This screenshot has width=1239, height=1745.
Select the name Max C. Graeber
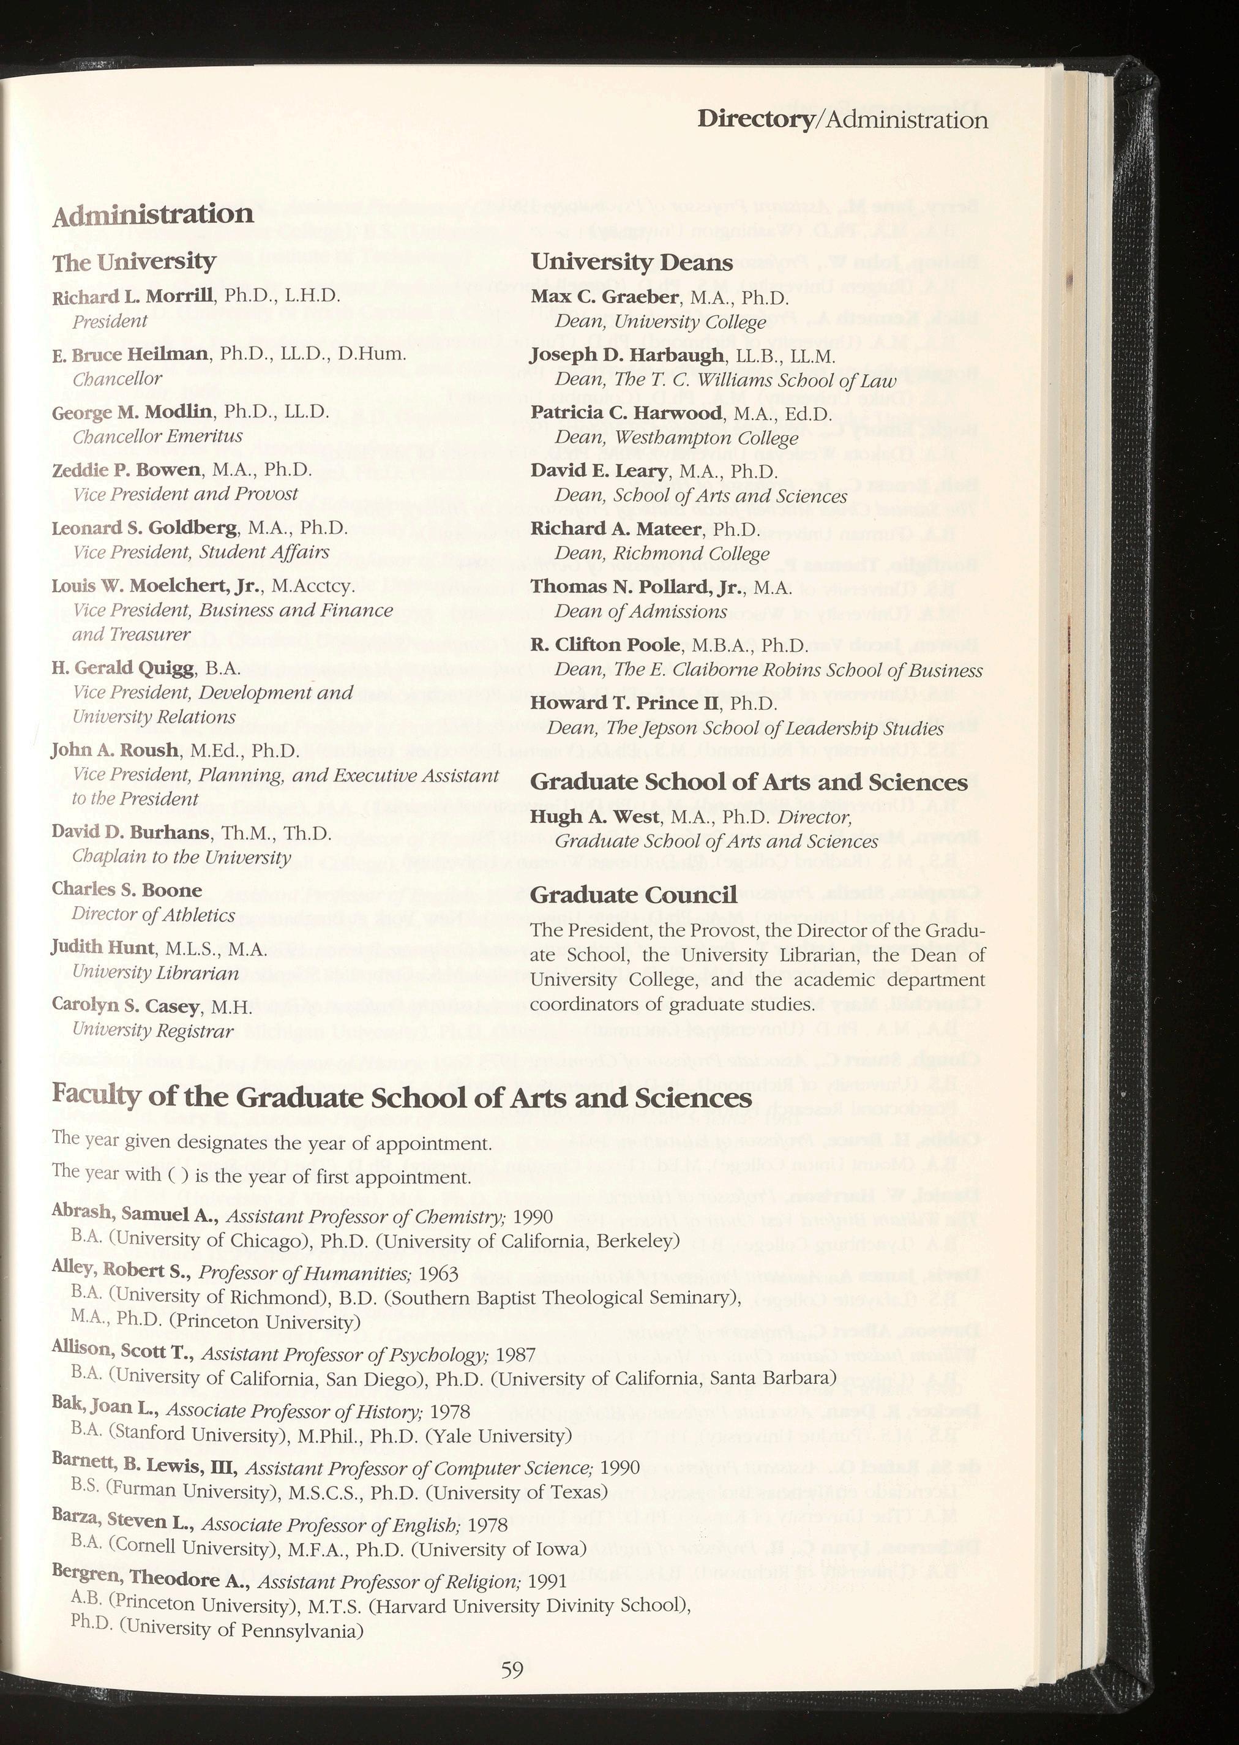[x=605, y=296]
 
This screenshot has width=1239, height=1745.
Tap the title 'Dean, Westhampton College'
[x=676, y=438]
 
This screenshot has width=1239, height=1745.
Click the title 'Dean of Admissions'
[x=641, y=611]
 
